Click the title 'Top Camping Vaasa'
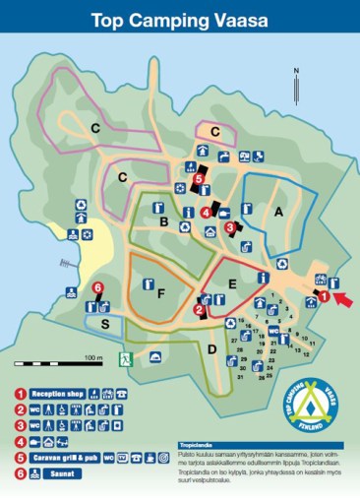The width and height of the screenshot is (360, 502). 180,20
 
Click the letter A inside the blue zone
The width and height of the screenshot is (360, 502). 278,212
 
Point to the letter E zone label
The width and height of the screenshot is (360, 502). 231,283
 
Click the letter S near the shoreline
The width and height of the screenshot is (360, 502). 104,323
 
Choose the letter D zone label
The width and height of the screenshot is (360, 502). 211,346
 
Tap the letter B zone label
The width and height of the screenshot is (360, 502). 163,223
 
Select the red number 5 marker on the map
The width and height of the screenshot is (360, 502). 199,180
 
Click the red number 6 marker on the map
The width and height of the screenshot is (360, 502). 97,287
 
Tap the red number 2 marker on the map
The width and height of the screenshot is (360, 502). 199,310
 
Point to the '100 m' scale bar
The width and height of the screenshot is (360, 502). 93,356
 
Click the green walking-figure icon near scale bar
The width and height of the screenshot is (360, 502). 124,358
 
